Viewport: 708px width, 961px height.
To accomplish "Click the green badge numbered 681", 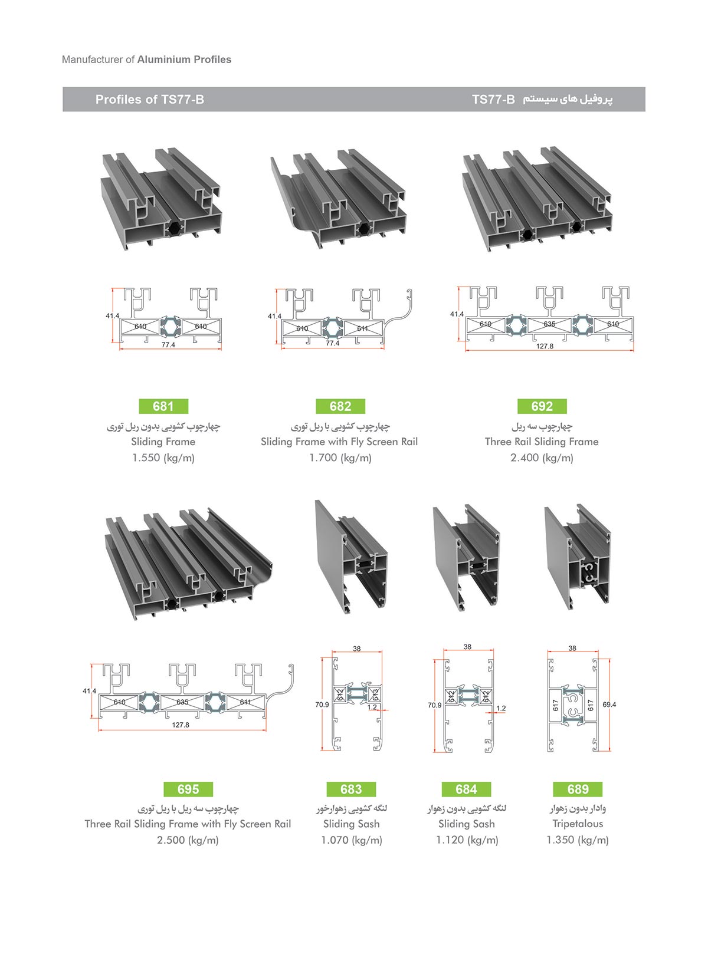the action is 163,406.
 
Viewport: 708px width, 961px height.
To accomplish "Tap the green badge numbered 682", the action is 340,406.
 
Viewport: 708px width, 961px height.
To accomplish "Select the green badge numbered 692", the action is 542,406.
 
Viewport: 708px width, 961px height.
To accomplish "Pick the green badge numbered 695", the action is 188,789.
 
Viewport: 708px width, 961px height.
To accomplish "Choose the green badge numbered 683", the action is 351,789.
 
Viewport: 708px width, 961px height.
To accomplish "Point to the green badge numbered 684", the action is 466,789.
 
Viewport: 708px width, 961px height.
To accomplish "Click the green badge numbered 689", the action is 578,789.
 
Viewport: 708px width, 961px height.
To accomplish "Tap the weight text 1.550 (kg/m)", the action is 163,458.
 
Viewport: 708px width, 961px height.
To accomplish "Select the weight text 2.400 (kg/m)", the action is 542,458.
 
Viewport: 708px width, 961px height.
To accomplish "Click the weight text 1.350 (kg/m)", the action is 578,840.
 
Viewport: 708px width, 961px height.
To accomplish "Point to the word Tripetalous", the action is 578,824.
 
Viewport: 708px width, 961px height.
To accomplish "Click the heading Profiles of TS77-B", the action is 150,100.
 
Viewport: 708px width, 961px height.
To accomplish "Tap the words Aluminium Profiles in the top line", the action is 185,60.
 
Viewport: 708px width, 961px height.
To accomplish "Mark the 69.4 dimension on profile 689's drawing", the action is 609,705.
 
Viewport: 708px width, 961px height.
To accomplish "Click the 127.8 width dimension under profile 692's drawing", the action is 545,346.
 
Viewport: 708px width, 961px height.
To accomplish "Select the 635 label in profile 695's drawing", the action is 182,702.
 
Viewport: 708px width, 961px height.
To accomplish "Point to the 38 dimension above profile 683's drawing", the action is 357,649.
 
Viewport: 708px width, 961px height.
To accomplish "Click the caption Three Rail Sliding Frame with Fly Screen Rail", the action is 188,824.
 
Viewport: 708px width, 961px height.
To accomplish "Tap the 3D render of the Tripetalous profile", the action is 578,557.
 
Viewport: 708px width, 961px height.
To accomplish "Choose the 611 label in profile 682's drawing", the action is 362,328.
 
